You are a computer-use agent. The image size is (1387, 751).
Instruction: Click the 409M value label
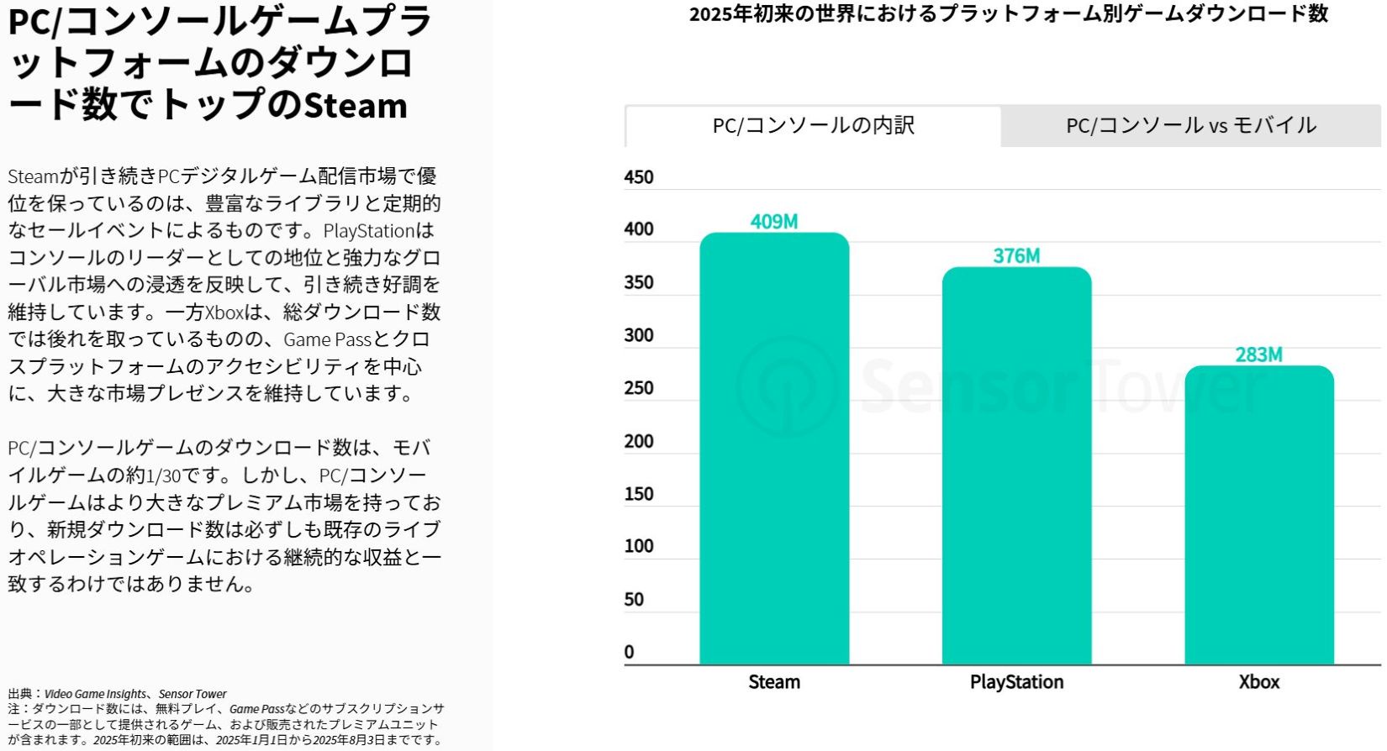point(774,222)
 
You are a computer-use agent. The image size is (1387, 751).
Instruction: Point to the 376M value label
point(1016,256)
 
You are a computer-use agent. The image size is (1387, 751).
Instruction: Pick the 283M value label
point(1258,354)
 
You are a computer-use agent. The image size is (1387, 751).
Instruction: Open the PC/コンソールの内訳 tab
point(813,126)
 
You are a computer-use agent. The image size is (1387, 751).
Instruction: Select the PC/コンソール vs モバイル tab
point(1190,126)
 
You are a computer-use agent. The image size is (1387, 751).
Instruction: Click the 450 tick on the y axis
point(639,177)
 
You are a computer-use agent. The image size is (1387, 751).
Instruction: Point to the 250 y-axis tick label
point(639,388)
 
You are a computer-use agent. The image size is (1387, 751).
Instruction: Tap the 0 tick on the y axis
point(630,652)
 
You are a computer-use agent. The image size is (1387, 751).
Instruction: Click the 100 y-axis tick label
point(639,546)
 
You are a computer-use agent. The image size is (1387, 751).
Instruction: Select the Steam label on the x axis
point(774,682)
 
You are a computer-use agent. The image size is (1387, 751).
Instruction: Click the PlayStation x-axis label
point(1016,682)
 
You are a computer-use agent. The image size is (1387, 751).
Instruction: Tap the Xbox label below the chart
point(1258,682)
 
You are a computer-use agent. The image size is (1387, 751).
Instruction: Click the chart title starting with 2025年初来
point(1008,14)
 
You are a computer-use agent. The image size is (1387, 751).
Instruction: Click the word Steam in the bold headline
point(355,106)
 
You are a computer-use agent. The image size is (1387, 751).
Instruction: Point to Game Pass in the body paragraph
point(327,339)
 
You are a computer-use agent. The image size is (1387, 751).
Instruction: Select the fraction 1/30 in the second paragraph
point(164,475)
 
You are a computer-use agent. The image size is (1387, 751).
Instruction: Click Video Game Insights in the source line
point(95,694)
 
